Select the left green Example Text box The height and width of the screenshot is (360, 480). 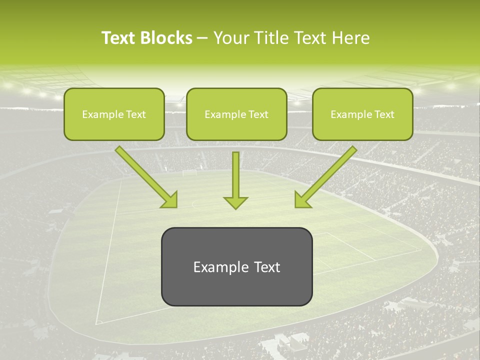tap(114, 114)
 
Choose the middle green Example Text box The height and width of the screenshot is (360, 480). tap(236, 114)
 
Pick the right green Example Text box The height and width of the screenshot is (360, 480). tap(362, 114)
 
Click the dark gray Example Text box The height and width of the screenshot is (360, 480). tap(236, 266)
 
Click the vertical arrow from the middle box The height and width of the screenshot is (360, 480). tap(235, 175)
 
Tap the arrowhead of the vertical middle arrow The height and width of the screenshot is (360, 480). tap(235, 202)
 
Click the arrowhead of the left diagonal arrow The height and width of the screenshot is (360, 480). tap(170, 200)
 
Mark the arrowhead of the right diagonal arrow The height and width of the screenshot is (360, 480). tap(302, 200)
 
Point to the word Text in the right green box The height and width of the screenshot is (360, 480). tap(384, 114)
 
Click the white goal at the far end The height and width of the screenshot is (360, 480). tap(189, 173)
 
